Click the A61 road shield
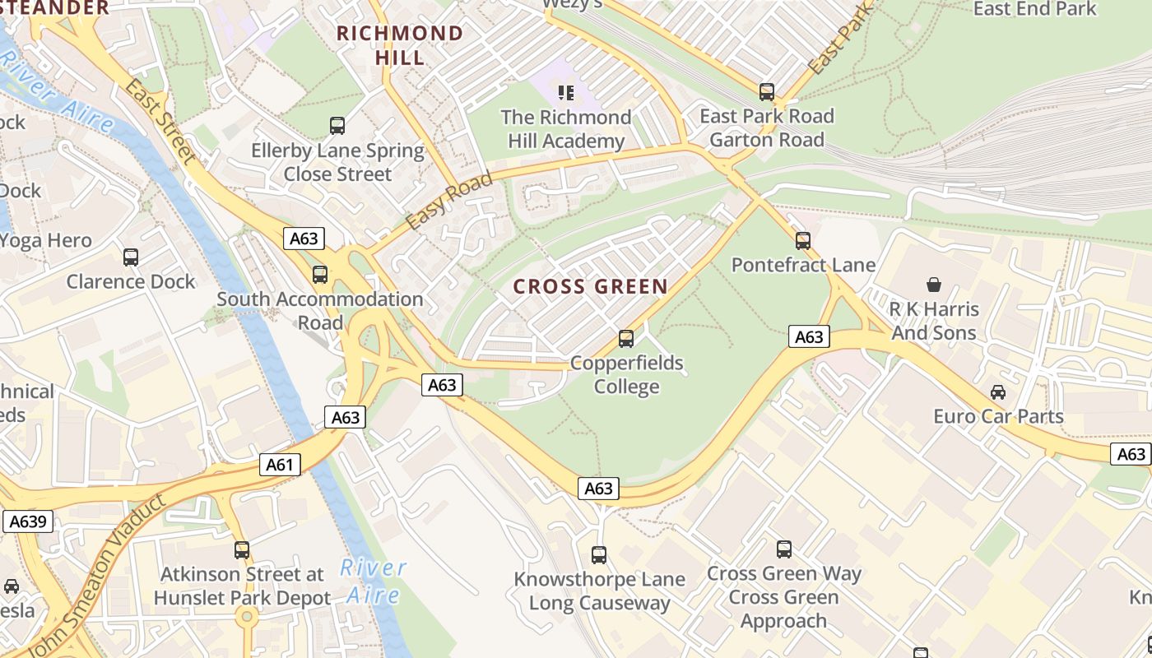coord(280,465)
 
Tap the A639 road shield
coord(28,521)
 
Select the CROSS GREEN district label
coord(590,287)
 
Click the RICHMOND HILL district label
coord(400,45)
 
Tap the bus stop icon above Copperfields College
coord(626,339)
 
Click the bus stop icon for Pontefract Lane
coord(803,241)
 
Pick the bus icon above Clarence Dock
coord(131,257)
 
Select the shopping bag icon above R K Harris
coord(934,285)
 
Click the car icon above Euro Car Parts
coord(998,392)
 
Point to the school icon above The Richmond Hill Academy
coord(565,93)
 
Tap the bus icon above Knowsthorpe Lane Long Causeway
coord(599,555)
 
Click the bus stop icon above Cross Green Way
coord(784,549)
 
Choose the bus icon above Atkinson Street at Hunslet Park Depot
coord(242,550)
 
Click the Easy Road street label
coord(449,201)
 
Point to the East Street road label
coord(160,123)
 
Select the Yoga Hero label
coord(45,241)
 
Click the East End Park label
coord(1034,9)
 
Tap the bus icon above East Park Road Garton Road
coord(767,92)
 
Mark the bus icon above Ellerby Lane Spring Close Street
coord(337,126)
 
